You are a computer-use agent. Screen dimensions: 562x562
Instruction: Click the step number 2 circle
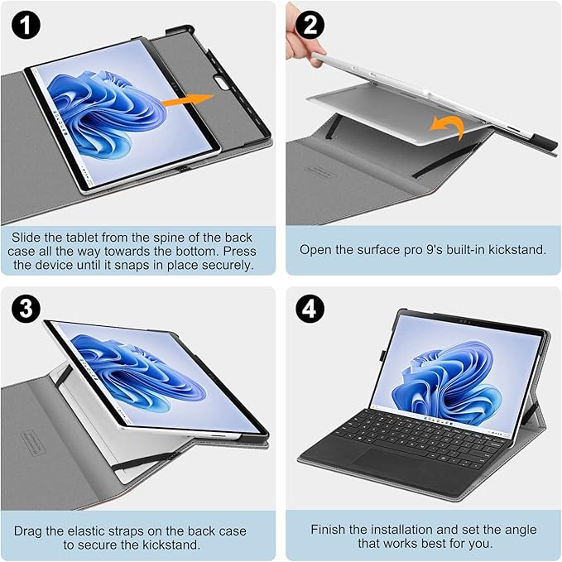click(311, 24)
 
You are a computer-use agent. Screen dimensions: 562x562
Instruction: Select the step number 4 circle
click(311, 309)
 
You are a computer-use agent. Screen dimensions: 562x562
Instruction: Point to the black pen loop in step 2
click(539, 137)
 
